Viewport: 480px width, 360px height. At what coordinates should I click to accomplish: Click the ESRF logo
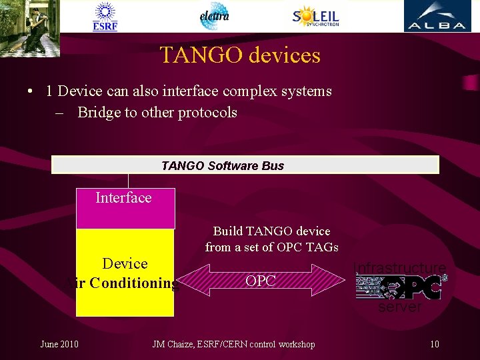pyautogui.click(x=105, y=17)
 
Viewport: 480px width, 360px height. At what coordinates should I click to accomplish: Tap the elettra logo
pyautogui.click(x=214, y=16)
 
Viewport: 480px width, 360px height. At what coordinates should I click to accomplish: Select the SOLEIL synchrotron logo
pyautogui.click(x=316, y=16)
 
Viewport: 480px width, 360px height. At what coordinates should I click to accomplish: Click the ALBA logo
pyautogui.click(x=437, y=17)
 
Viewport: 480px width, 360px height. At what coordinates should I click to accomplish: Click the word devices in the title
pyautogui.click(x=284, y=55)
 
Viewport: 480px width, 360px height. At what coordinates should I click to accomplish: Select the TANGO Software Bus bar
pyautogui.click(x=245, y=165)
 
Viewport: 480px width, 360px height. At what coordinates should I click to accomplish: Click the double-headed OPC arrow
pyautogui.click(x=261, y=281)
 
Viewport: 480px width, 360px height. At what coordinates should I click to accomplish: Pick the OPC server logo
pyautogui.click(x=401, y=287)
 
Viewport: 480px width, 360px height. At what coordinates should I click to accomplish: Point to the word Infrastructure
pyautogui.click(x=399, y=268)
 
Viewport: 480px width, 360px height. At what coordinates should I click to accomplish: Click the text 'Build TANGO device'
pyautogui.click(x=271, y=231)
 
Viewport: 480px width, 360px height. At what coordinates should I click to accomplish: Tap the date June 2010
pyautogui.click(x=59, y=344)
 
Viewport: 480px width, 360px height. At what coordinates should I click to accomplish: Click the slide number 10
pyautogui.click(x=435, y=344)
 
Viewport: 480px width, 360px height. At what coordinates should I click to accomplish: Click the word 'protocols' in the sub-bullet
pyautogui.click(x=207, y=113)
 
